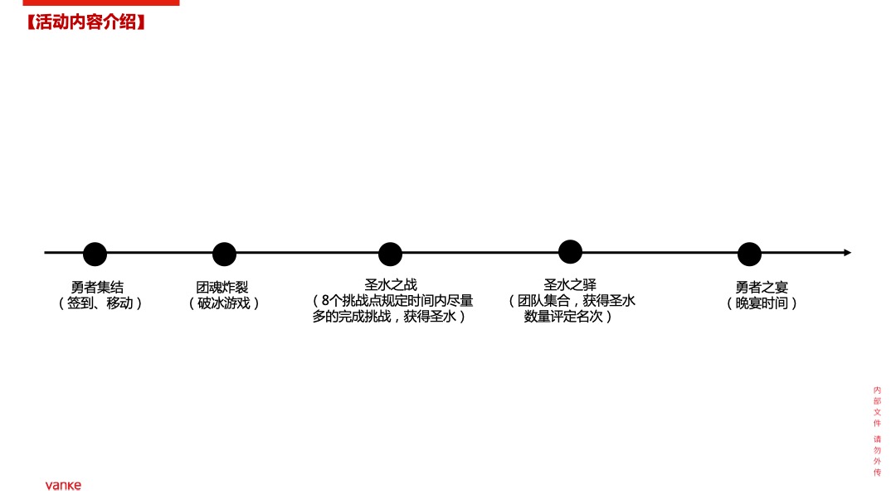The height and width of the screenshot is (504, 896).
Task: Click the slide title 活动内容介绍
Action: (86, 22)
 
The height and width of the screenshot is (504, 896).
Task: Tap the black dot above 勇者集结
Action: (95, 254)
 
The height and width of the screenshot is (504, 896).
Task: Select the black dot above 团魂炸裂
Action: (224, 254)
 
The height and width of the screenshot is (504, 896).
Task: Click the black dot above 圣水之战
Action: (390, 254)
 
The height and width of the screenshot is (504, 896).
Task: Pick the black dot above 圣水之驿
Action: (570, 251)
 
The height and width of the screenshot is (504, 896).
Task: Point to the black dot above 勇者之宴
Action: (749, 254)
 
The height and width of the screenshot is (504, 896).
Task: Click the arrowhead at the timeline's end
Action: (847, 252)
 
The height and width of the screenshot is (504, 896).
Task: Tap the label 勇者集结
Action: (97, 288)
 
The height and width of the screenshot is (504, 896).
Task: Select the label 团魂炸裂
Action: (222, 288)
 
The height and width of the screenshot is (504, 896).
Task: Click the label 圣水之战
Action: (391, 285)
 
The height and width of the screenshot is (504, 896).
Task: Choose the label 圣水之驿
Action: (570, 285)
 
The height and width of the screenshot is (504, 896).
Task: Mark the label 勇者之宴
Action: (762, 288)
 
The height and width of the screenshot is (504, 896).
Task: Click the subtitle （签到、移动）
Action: (100, 303)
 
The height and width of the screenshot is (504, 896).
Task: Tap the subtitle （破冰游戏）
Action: (224, 303)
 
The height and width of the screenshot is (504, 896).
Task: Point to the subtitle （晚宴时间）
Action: (762, 303)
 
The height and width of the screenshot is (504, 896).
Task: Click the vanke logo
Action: (63, 485)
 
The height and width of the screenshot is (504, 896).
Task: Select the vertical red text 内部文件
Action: (878, 406)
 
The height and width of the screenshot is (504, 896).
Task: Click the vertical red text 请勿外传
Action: (878, 455)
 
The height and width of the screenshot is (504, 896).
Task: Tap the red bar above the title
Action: (90, 3)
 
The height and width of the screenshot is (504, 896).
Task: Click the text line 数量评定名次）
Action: (568, 316)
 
